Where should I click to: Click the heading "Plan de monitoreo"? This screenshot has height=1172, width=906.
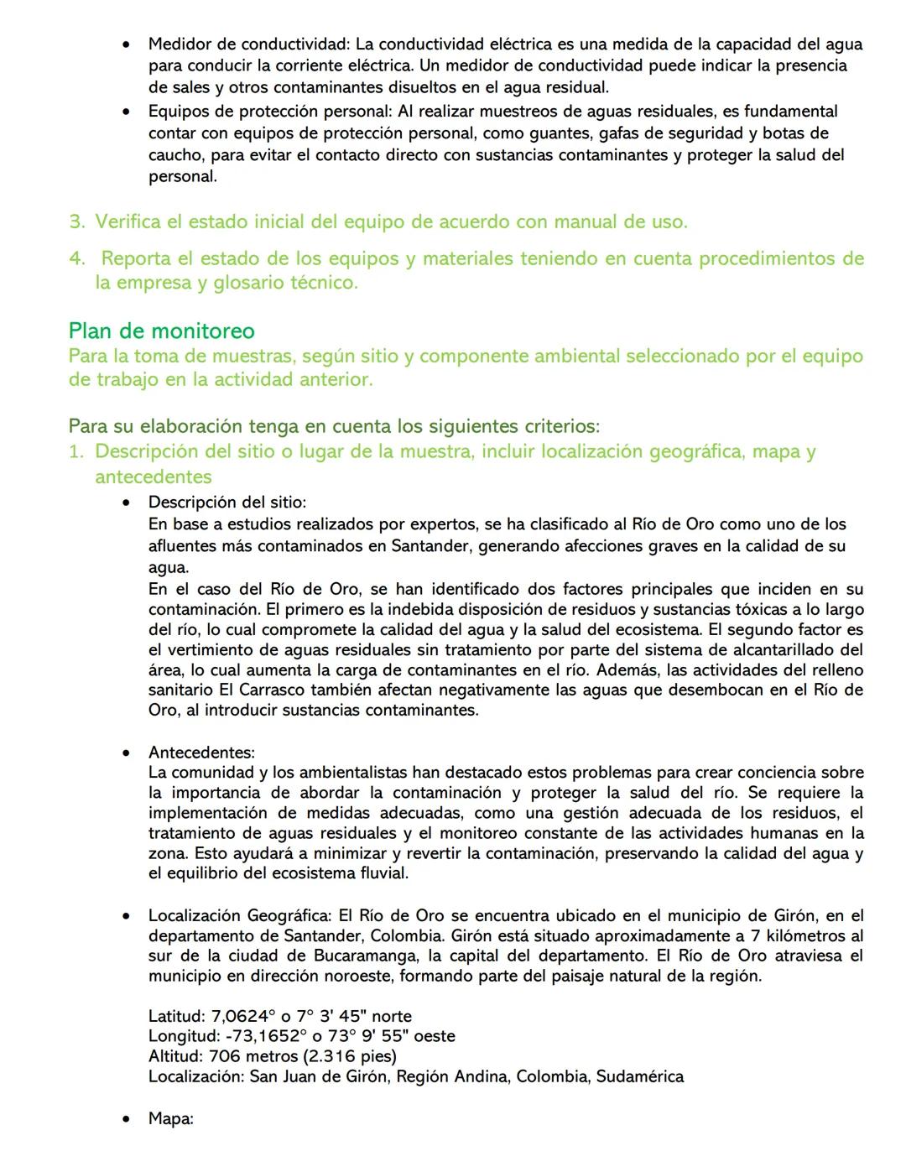(x=161, y=331)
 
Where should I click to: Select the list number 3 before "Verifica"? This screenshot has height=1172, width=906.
(x=77, y=222)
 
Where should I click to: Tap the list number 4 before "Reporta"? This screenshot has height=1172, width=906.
(x=77, y=259)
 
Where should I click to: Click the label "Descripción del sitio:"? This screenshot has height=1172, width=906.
(x=226, y=502)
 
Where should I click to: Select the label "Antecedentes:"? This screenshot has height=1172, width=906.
(x=201, y=752)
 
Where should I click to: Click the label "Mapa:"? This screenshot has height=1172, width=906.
(x=170, y=1118)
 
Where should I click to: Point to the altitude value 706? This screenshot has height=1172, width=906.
(x=224, y=1056)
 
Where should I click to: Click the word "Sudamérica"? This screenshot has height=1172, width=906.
(x=640, y=1076)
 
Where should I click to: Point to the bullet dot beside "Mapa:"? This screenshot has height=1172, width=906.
(x=126, y=1119)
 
